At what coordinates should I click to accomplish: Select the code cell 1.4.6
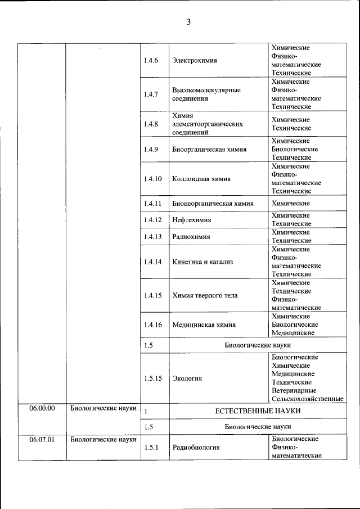coord(151,61)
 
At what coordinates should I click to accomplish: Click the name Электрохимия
coord(195,61)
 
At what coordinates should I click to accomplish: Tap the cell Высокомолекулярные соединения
coord(206,94)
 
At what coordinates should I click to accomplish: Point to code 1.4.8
coord(151,124)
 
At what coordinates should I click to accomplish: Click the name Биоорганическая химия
coord(209,150)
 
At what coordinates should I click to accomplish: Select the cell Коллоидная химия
coord(201,179)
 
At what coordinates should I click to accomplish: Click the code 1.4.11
coord(152,204)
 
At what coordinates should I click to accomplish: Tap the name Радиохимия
coord(192,237)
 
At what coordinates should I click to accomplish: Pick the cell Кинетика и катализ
coord(203,262)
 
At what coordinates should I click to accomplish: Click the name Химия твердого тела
coord(205,295)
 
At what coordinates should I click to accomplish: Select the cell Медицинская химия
coord(204,325)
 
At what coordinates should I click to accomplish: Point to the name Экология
coord(188,379)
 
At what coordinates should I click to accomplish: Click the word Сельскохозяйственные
coord(307,399)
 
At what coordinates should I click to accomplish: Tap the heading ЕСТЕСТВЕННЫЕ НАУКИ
coord(258,412)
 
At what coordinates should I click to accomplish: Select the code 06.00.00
coord(42,409)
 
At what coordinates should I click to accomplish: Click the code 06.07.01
coord(42,440)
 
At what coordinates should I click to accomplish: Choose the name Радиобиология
coord(196,448)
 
